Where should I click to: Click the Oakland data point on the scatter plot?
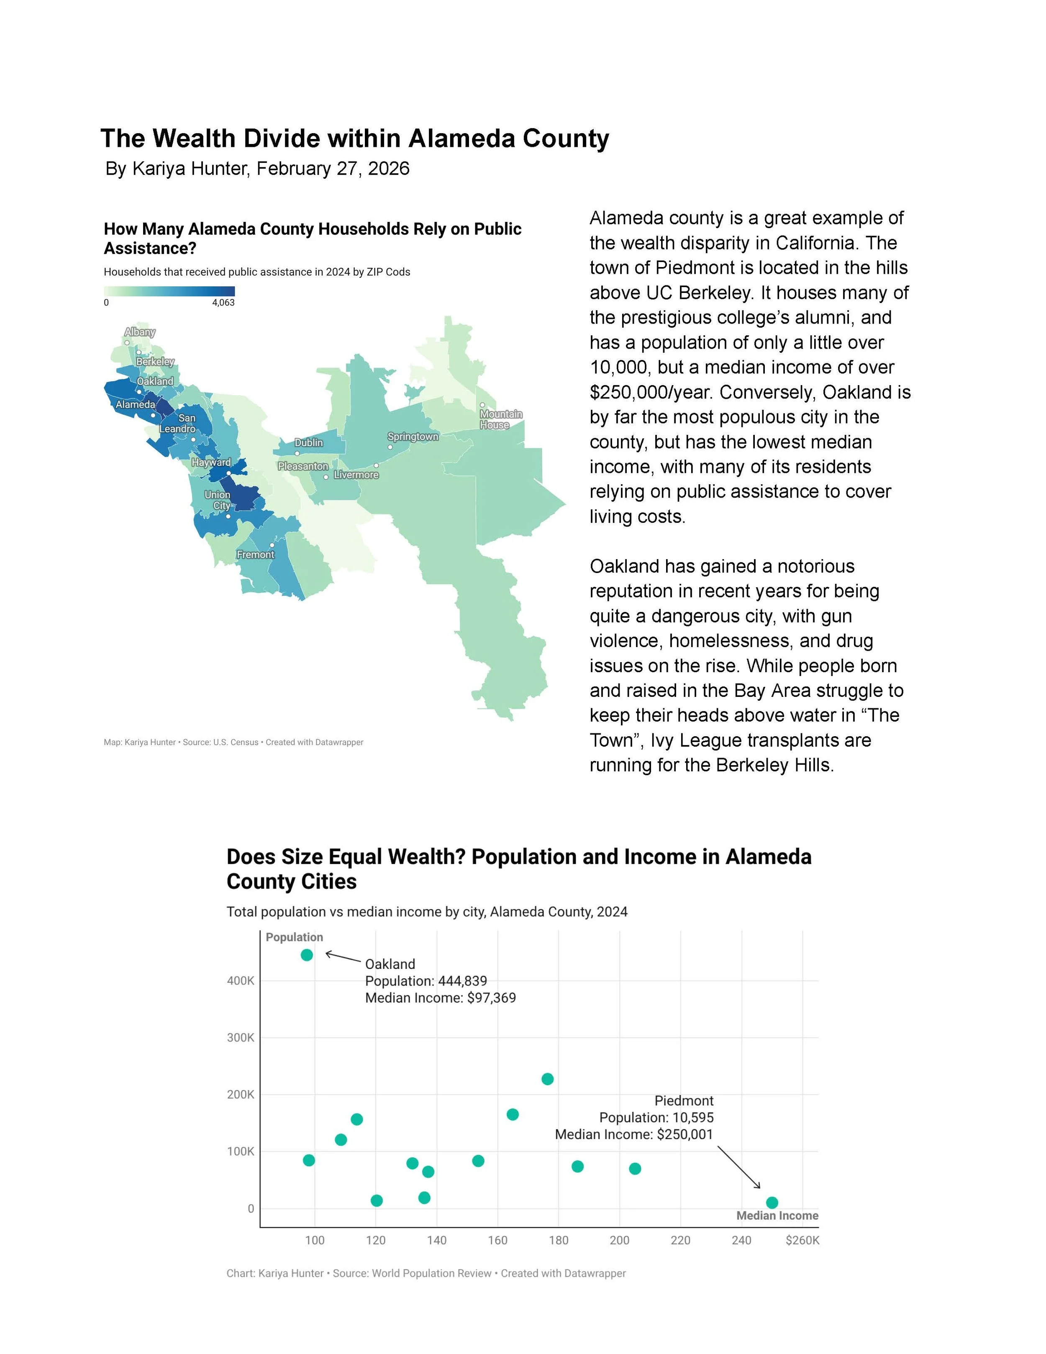306,955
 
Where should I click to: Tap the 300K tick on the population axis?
241,1038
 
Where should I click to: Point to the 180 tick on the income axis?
558,1241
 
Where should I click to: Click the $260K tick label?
802,1241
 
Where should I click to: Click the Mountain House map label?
501,420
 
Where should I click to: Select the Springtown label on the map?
413,437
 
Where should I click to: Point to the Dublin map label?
309,443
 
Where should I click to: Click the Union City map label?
218,500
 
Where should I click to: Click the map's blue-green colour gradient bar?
169,291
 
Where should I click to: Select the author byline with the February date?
257,169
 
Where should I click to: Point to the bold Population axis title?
294,937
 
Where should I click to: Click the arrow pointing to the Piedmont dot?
738,1167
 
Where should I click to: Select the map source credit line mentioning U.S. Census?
233,742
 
